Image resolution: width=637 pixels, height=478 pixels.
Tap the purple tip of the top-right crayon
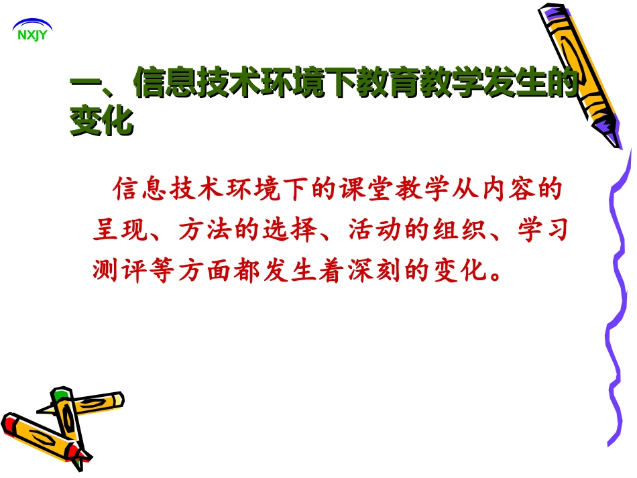(x=606, y=127)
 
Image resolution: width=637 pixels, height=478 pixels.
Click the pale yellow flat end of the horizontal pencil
(x=119, y=400)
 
